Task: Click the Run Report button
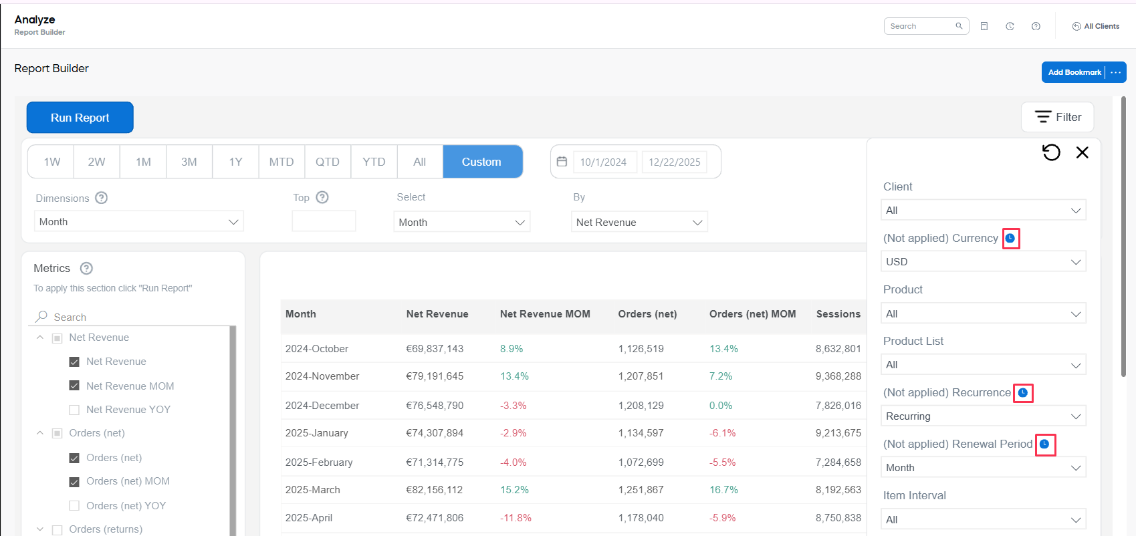coord(80,118)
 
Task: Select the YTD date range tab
coord(374,162)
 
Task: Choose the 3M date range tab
coord(189,162)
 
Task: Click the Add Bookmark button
coord(1074,72)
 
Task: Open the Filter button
coord(1057,117)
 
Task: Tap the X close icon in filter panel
coord(1082,152)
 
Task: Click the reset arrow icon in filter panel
coord(1051,152)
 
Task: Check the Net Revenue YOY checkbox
coord(74,410)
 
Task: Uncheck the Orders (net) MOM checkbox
coord(74,481)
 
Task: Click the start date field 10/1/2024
coord(603,162)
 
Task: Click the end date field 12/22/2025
coord(674,162)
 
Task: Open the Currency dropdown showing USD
coord(983,262)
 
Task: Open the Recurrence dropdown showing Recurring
coord(983,416)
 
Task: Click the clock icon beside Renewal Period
coord(1044,444)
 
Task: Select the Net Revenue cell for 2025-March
coord(435,490)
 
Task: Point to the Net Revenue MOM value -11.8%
coord(516,518)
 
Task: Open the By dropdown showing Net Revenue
coord(639,223)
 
